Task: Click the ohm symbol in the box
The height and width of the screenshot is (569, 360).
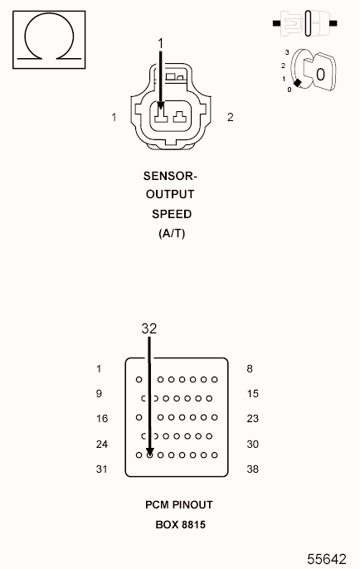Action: tap(49, 38)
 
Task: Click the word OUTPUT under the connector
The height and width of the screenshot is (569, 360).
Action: tap(170, 195)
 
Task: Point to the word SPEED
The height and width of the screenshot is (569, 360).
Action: tap(172, 214)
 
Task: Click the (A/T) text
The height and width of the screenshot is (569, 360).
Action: tap(172, 233)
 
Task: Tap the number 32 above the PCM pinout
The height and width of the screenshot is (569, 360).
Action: tap(148, 328)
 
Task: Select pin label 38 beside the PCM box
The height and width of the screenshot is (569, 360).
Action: tap(253, 469)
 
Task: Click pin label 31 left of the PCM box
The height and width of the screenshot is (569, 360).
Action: tap(102, 469)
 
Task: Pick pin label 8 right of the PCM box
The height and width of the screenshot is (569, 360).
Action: tap(250, 369)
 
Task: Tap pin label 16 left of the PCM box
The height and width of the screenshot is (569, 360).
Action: tap(102, 419)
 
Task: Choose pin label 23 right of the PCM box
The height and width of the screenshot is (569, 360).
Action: tap(253, 419)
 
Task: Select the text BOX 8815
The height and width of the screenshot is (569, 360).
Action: tap(180, 524)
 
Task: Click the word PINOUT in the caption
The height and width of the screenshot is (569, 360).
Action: tap(193, 505)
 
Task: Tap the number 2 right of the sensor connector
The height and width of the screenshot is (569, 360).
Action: tap(230, 117)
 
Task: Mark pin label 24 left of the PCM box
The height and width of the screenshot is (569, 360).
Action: tap(102, 445)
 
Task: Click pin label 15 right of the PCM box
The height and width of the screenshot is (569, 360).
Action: tap(253, 394)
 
